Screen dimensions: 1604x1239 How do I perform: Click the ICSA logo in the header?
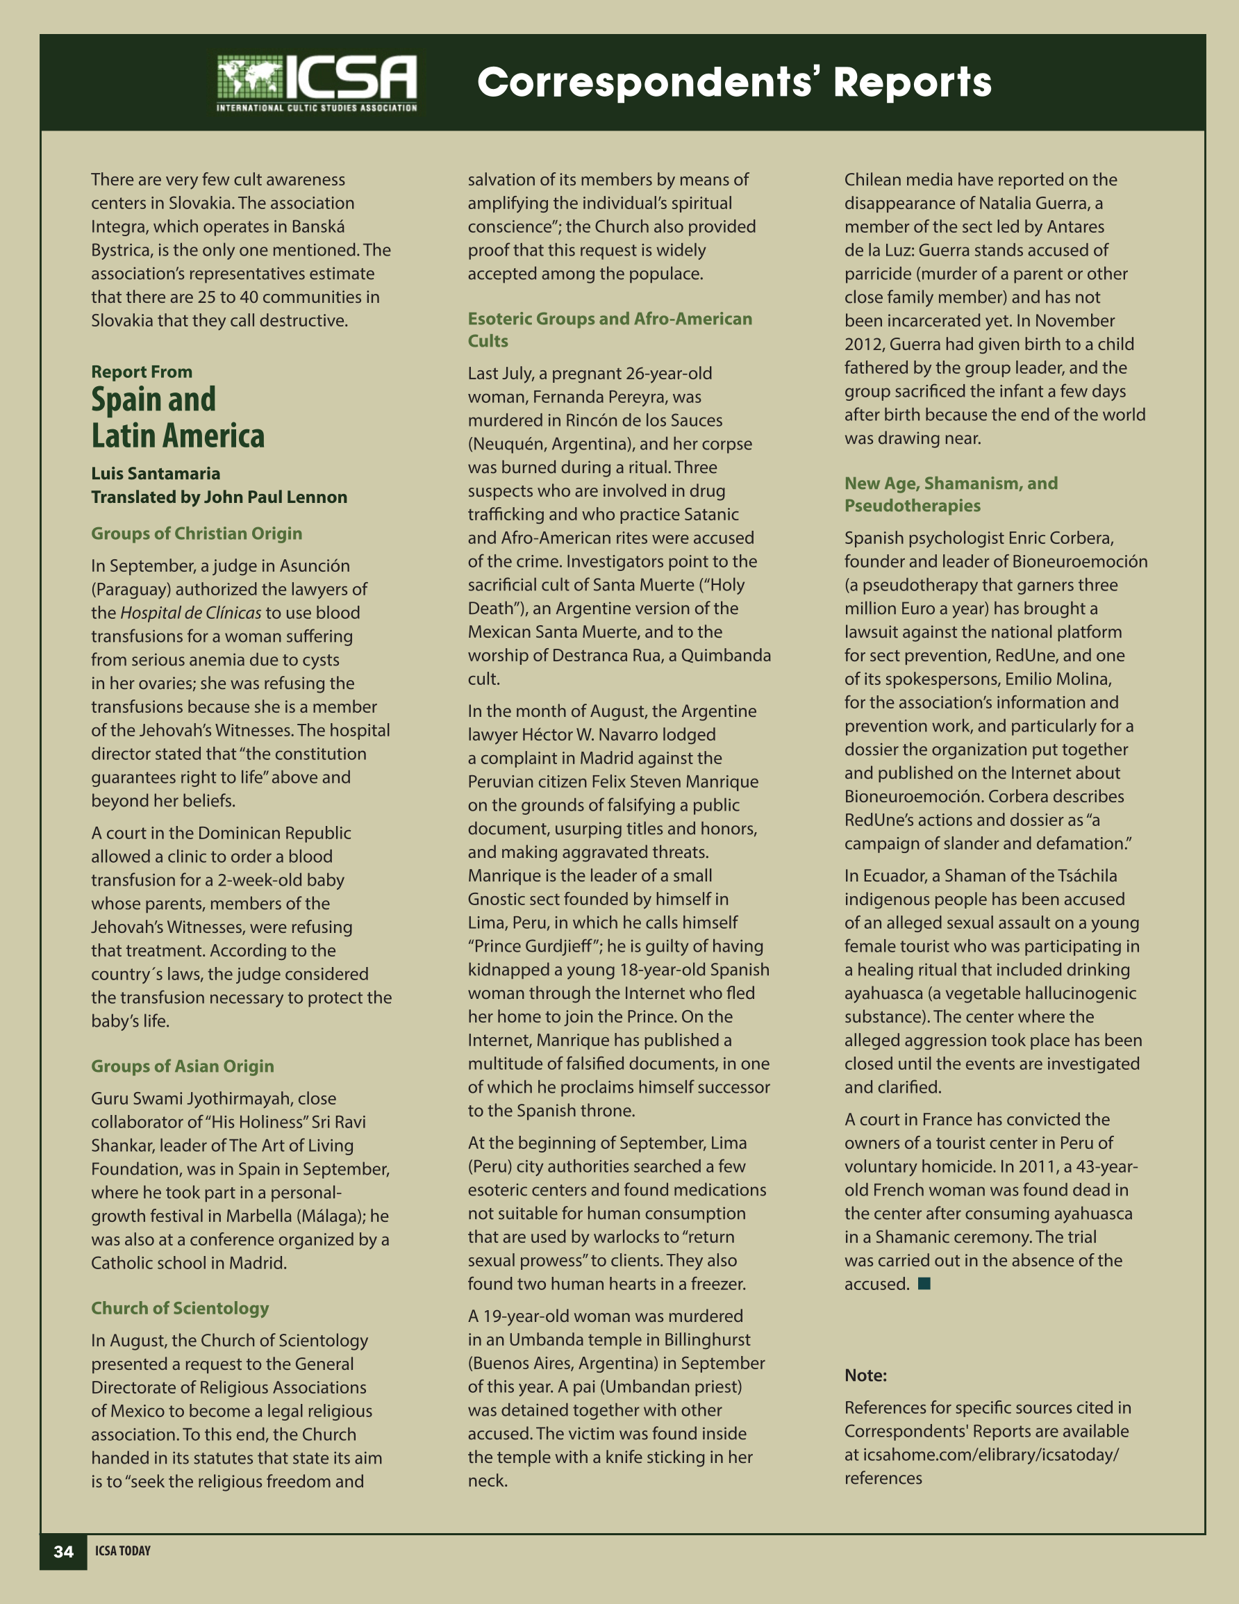tap(317, 83)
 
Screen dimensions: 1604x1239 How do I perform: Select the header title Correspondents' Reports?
tap(733, 82)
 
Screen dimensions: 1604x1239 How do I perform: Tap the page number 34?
tap(64, 1551)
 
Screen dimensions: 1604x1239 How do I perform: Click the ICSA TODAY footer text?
tap(123, 1551)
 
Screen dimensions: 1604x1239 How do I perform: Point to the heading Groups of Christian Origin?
tap(196, 534)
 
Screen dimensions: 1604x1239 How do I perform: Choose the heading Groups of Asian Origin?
tap(182, 1066)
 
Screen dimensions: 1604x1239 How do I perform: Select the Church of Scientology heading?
tap(180, 1307)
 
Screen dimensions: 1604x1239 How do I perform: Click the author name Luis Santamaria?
tap(156, 473)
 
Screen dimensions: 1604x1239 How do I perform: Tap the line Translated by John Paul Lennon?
tap(219, 497)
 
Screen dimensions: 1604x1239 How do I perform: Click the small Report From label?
tap(142, 372)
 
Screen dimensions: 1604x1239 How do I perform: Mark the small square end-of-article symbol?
tap(924, 1283)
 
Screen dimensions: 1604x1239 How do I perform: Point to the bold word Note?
tap(865, 1375)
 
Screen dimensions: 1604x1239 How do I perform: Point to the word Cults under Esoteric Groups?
tap(488, 341)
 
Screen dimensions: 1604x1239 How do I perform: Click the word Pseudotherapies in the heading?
tap(912, 505)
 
